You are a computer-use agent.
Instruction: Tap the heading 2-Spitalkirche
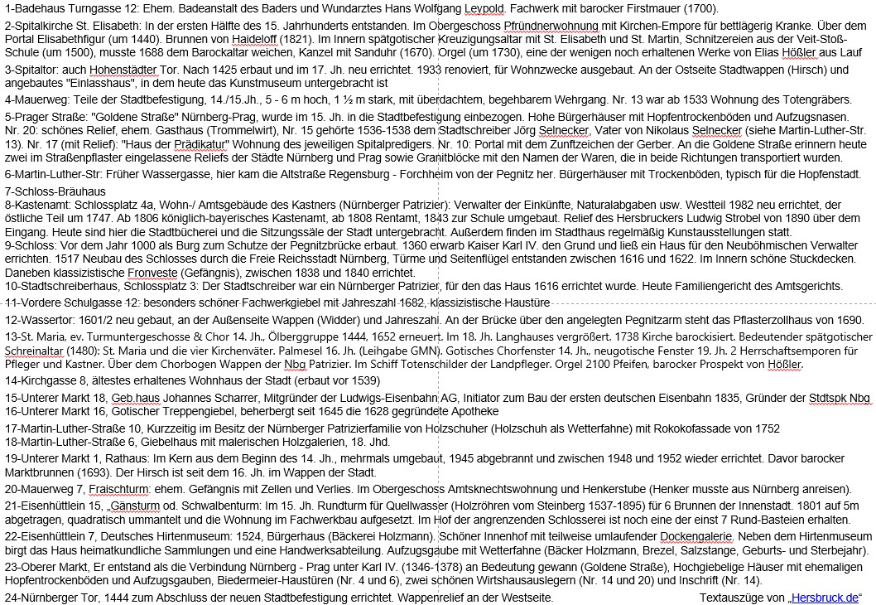tap(41, 26)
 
